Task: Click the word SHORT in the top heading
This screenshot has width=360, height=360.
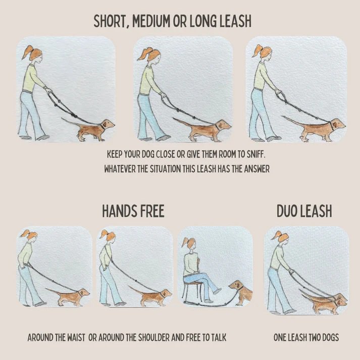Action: pos(112,22)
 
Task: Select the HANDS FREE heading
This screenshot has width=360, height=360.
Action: pos(133,211)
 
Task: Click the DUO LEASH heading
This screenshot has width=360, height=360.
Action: pos(304,211)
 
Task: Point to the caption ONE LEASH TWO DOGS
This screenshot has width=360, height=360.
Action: pos(306,337)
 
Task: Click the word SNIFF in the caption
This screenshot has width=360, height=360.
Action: pos(257,153)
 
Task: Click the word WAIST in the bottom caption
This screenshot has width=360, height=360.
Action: pos(74,337)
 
